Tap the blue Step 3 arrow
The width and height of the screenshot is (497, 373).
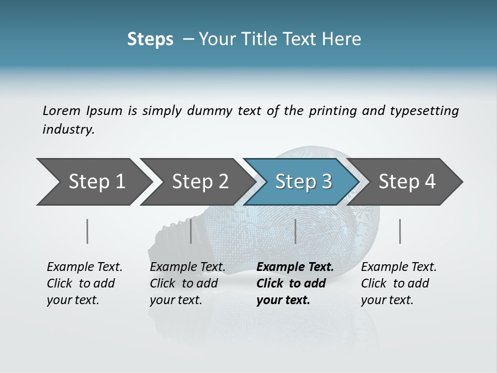click(303, 182)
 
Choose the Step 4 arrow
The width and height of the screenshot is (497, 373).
click(407, 182)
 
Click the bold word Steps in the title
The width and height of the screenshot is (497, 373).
click(150, 39)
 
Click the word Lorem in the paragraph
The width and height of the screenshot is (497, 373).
click(60, 110)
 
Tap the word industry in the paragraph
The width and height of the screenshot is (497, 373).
click(68, 130)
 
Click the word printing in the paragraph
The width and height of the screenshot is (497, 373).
click(332, 110)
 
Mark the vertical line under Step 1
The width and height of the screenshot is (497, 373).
click(87, 231)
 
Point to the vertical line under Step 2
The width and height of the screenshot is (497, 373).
click(191, 231)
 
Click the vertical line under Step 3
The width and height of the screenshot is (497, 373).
click(295, 231)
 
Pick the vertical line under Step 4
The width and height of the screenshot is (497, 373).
click(400, 231)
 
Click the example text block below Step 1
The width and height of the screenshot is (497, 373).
click(84, 283)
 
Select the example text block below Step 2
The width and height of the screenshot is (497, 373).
click(187, 283)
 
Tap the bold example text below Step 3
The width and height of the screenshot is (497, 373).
click(295, 283)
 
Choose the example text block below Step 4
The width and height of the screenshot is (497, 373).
click(399, 283)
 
